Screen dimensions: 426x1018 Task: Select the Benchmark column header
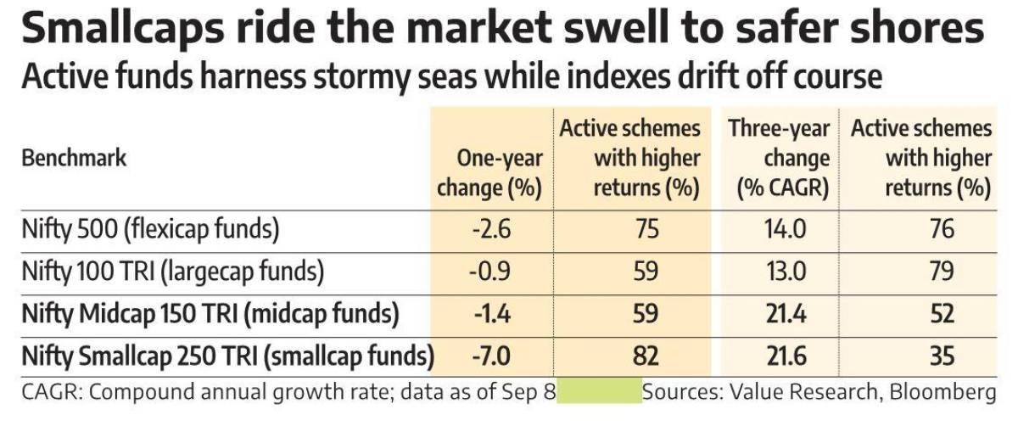pyautogui.click(x=74, y=158)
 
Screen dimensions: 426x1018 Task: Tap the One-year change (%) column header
pyautogui.click(x=489, y=172)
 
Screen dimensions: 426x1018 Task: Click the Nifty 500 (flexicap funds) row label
pyautogui.click(x=150, y=229)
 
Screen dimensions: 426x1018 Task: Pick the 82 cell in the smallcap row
pyautogui.click(x=646, y=356)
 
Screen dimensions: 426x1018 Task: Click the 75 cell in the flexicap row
pyautogui.click(x=646, y=229)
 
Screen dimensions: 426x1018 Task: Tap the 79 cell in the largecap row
pyautogui.click(x=941, y=272)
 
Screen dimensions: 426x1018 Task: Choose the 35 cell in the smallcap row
pyautogui.click(x=941, y=356)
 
